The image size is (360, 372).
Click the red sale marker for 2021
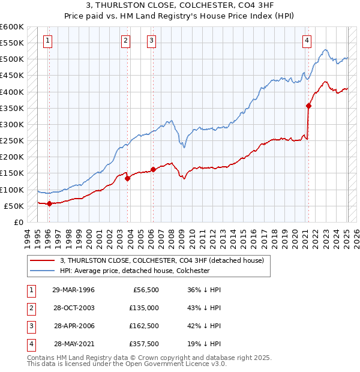click(308, 106)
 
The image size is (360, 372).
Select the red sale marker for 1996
click(49, 203)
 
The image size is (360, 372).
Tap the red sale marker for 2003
click(127, 178)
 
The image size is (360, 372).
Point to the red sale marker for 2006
click(153, 169)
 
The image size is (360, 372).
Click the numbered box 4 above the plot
click(307, 41)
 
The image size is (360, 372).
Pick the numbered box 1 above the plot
click(47, 41)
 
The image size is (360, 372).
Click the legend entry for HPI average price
click(134, 271)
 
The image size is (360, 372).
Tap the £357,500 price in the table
click(144, 344)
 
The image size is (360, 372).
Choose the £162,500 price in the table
click(144, 326)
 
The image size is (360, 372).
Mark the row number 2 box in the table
click(31, 308)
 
